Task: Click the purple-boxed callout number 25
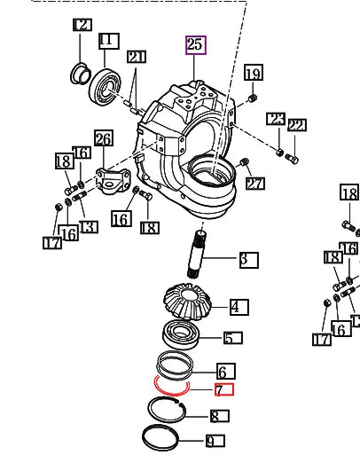point(195,45)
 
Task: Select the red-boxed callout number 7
point(223,389)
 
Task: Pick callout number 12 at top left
point(82,25)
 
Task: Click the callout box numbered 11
point(108,41)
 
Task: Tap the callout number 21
point(135,58)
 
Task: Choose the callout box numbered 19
point(253,74)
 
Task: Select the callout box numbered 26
point(104,139)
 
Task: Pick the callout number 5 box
point(232,338)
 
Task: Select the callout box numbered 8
point(219,416)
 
